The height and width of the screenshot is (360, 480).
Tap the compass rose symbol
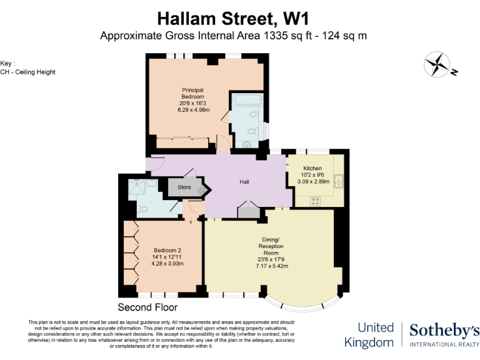[437, 64]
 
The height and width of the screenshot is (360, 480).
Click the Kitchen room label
[312, 169]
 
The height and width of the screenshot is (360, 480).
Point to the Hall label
[245, 182]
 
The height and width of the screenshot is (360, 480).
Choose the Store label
[184, 187]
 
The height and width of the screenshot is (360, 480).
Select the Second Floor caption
[147, 307]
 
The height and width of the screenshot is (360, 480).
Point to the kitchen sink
[339, 182]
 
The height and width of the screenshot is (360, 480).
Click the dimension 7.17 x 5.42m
[271, 266]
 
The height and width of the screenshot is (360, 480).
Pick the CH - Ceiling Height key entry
[28, 72]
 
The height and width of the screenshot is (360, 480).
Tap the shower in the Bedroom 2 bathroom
[136, 188]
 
